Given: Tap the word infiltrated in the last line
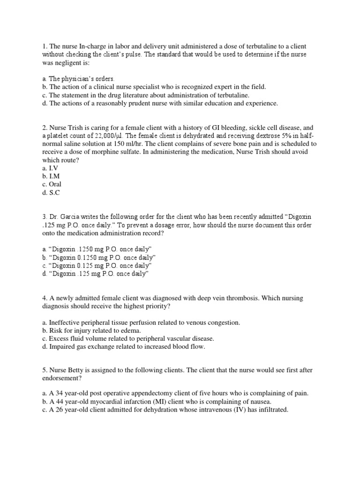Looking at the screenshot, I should click(x=268, y=410).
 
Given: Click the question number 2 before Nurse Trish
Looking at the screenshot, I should click(x=44, y=127).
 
